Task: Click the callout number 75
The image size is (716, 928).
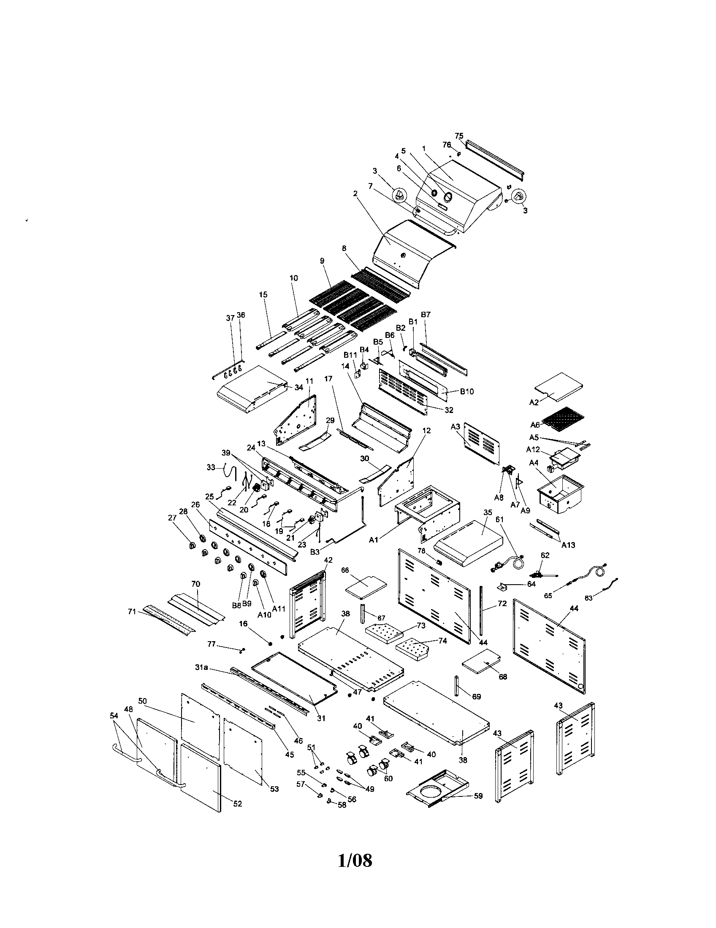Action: click(x=459, y=136)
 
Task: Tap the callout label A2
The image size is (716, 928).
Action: click(x=534, y=402)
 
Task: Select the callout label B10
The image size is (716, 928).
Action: click(x=467, y=391)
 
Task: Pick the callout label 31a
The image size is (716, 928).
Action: click(x=201, y=668)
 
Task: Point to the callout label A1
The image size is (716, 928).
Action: click(x=374, y=540)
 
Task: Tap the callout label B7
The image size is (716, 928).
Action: click(x=426, y=314)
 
